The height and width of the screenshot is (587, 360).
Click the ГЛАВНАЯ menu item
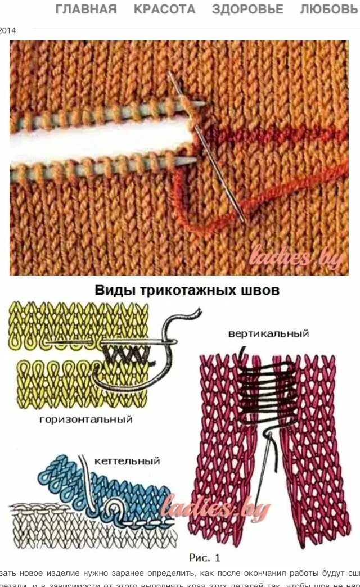(x=86, y=10)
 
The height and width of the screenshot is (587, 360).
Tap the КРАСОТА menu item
(x=164, y=10)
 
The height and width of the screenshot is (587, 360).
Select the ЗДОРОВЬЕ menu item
(x=247, y=10)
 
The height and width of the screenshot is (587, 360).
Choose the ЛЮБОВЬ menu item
(x=330, y=10)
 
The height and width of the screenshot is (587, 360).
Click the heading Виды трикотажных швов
(x=187, y=291)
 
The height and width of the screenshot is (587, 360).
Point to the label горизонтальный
(x=85, y=419)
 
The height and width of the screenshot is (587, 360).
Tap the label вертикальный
(x=268, y=333)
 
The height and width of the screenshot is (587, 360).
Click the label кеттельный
(x=127, y=461)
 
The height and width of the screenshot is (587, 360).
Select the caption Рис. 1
(x=204, y=557)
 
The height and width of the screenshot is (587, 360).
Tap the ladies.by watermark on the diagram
(x=215, y=509)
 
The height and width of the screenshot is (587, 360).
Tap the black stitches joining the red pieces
(x=268, y=388)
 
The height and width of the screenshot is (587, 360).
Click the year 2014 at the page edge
(x=8, y=30)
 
